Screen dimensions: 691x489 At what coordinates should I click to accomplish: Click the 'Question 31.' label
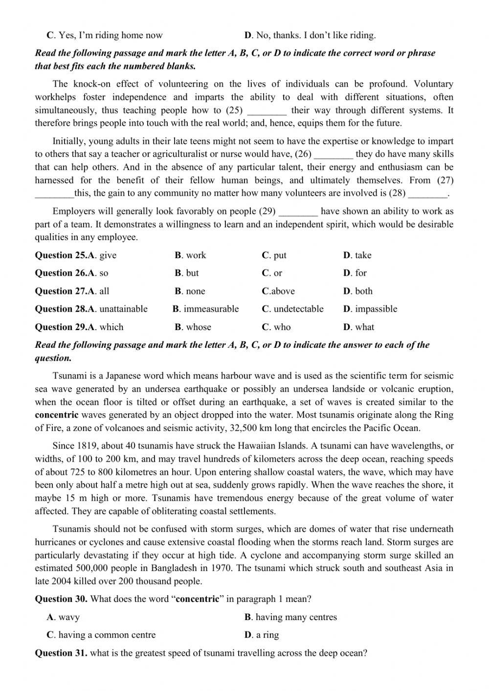[61, 653]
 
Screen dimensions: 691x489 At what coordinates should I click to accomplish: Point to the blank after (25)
[267, 111]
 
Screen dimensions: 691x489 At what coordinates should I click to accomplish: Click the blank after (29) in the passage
[298, 212]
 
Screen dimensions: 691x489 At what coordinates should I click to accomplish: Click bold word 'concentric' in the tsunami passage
[57, 415]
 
